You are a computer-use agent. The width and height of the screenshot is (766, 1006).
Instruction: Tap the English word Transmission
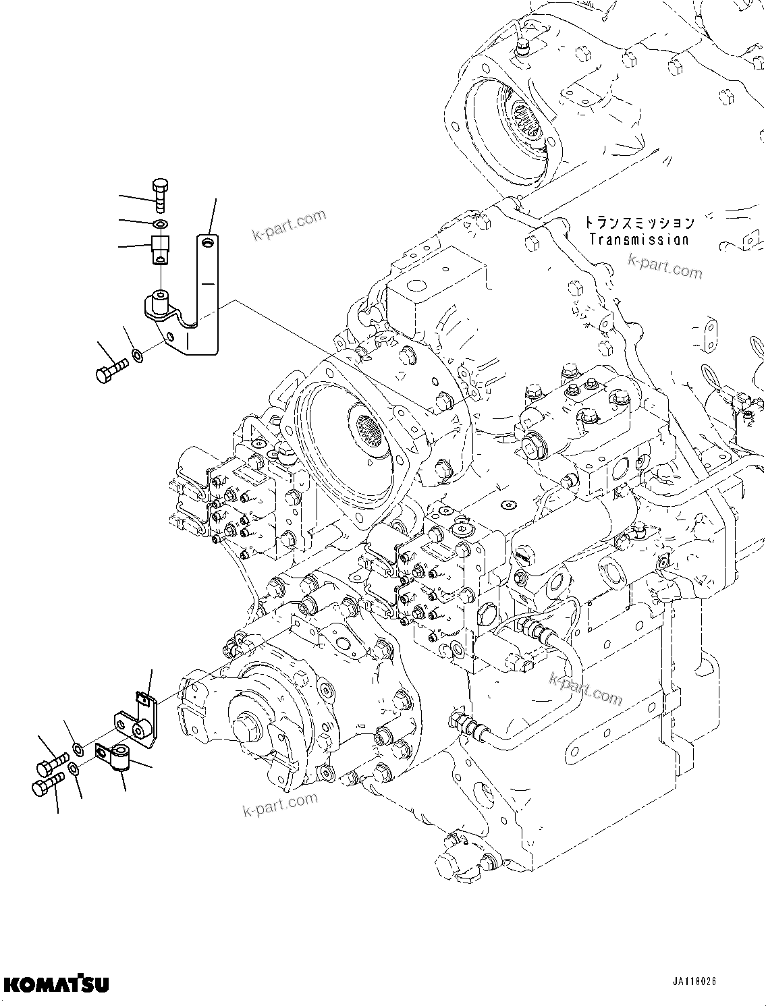[638, 239]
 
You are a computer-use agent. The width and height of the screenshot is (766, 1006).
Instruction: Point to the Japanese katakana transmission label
[638, 222]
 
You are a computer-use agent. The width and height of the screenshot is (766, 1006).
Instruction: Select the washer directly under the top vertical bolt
[160, 223]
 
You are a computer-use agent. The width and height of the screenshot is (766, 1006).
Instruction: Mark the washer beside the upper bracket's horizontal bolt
[137, 354]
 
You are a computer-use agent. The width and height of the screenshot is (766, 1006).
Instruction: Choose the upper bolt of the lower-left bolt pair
[51, 764]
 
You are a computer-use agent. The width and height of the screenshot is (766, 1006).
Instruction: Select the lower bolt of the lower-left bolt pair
[47, 784]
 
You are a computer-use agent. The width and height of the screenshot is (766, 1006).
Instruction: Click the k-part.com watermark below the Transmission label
[665, 267]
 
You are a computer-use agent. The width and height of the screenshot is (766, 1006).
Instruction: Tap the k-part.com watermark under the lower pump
[280, 804]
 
